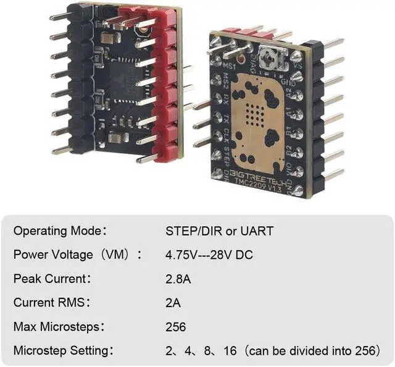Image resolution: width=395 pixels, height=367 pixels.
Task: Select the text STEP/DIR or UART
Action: pyautogui.click(x=219, y=232)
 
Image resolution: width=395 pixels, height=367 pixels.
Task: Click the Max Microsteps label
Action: pyautogui.click(x=58, y=327)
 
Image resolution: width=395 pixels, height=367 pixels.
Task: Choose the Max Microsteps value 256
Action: pyautogui.click(x=175, y=327)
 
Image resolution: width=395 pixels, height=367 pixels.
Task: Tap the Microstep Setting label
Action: pyautogui.click(x=62, y=350)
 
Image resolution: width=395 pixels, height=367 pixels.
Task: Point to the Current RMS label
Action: pyautogui.click(x=51, y=303)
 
